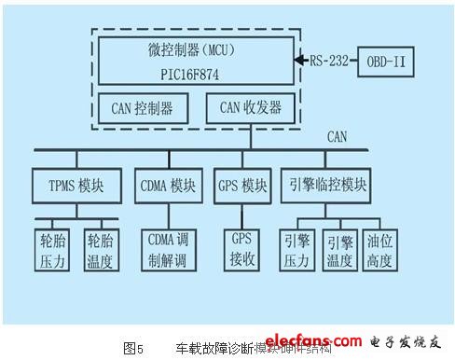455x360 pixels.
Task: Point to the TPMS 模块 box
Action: (x=80, y=183)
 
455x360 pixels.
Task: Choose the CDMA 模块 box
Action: (x=169, y=183)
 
